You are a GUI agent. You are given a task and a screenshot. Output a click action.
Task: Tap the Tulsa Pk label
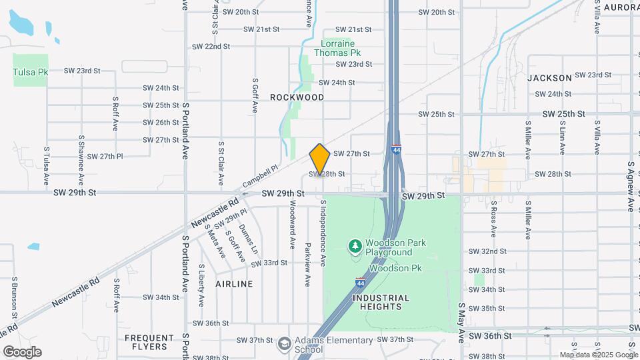point(30,71)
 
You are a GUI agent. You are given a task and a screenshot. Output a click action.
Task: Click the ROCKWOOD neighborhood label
point(297,97)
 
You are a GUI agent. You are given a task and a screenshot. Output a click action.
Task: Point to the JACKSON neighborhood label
point(549,78)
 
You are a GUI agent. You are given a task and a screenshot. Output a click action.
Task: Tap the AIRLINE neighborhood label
point(234,284)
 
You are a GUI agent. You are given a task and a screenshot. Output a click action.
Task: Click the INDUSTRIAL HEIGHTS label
point(377,302)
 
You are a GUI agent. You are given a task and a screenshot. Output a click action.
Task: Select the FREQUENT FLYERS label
point(145,342)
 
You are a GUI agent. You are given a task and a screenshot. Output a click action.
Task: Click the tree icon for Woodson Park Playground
point(355,247)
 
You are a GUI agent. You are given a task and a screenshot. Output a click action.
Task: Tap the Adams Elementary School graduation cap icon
point(285,344)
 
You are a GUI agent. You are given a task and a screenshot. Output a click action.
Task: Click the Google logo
point(22,352)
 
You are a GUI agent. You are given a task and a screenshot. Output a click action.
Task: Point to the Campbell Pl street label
point(259,177)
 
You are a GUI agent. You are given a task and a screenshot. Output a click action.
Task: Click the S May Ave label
point(461,321)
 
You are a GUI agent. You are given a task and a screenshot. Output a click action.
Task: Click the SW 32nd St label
point(487,251)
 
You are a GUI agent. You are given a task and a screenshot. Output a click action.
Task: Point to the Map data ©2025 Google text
point(599,355)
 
